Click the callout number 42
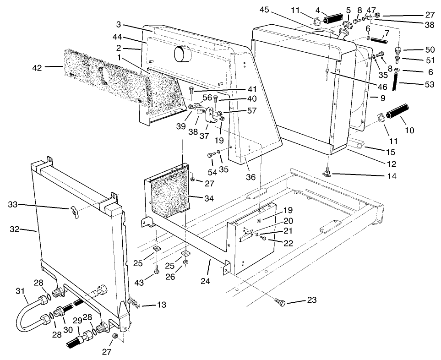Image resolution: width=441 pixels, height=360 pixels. (x=37, y=68)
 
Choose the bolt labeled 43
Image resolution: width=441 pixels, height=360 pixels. (x=157, y=271)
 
